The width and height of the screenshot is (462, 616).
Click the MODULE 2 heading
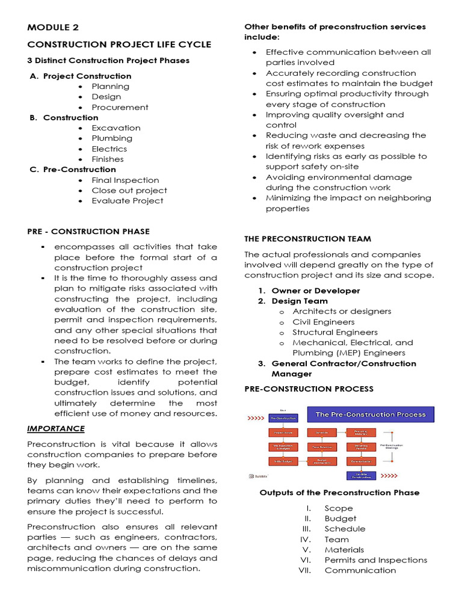tap(53, 28)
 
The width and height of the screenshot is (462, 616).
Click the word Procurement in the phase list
tap(120, 107)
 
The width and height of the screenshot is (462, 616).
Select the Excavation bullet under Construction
tap(115, 128)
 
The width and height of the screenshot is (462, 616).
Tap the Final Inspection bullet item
tap(125, 180)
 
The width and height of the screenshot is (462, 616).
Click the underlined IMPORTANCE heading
tap(56, 428)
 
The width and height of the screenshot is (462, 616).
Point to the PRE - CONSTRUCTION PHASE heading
tap(88, 231)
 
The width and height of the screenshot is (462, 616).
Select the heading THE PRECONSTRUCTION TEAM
tap(307, 239)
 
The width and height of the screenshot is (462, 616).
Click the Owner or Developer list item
tap(315, 291)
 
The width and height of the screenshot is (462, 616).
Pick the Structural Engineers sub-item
tap(335, 332)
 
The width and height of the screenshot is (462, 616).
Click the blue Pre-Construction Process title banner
tap(371, 414)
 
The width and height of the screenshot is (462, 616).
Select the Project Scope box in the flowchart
tap(283, 432)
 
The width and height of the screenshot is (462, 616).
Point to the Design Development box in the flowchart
tap(322, 461)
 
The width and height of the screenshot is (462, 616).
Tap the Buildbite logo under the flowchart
tap(259, 476)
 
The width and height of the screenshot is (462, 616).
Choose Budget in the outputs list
tap(340, 519)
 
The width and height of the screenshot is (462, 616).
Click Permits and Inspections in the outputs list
tap(375, 560)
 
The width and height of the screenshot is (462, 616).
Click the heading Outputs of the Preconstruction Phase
tap(339, 492)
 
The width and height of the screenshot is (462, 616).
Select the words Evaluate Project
tap(127, 201)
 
